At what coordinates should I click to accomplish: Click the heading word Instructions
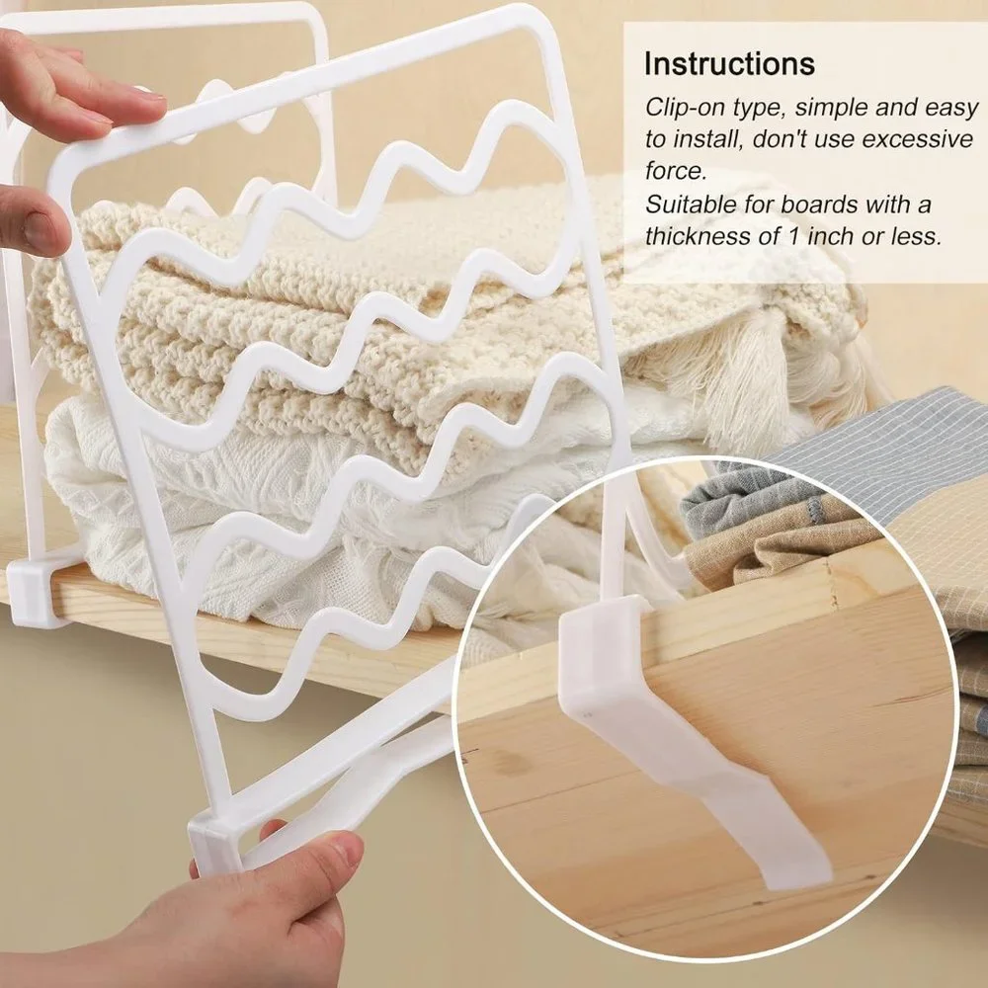[x=729, y=63]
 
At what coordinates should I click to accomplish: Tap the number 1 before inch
[x=794, y=237]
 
